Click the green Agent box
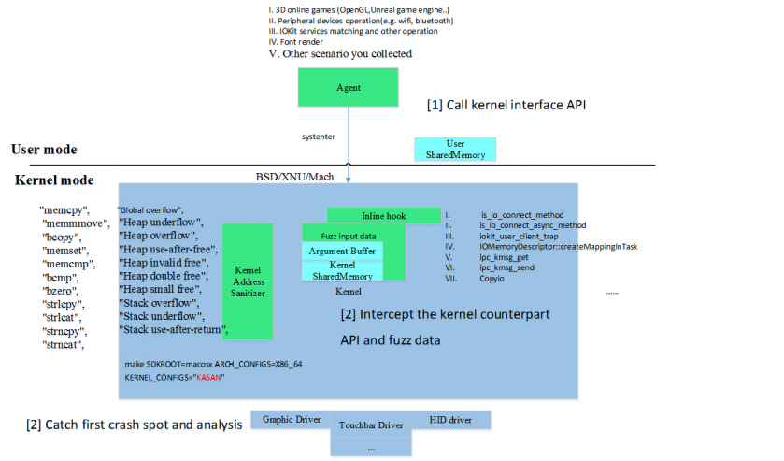point(349,87)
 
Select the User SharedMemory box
point(456,149)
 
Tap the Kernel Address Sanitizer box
point(247,281)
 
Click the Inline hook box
point(383,216)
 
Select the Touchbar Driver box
point(371,425)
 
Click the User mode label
point(44,150)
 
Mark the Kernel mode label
point(54,180)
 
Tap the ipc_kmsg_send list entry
point(506,267)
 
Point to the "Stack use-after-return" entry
point(174,330)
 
